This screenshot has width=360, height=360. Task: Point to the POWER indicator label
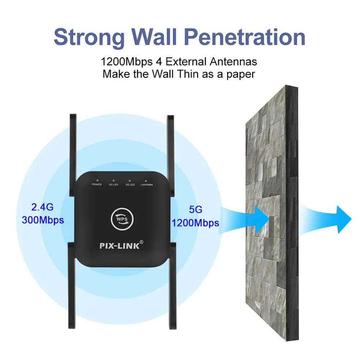tap(97, 184)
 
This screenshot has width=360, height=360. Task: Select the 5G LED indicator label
tap(113, 184)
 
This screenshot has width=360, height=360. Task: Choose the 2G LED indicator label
tap(130, 184)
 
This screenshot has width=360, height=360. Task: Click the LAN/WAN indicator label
tap(146, 184)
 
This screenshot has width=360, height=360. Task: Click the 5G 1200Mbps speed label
tap(195, 216)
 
